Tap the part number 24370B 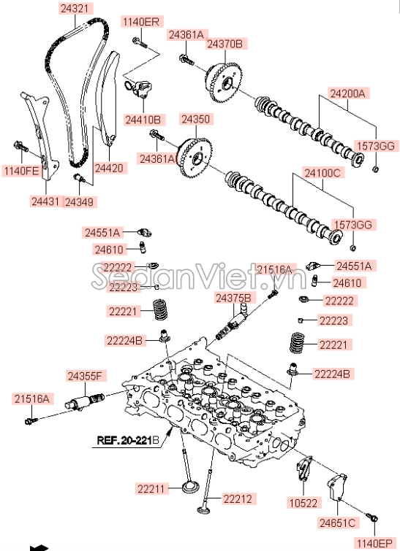[x=224, y=45]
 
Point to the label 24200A [x=347, y=93]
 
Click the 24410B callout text [x=143, y=119]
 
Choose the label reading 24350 [x=195, y=118]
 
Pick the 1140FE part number [x=20, y=172]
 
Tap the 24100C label [x=324, y=173]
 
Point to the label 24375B [x=233, y=298]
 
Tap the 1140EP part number [x=374, y=542]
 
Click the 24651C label [x=337, y=523]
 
